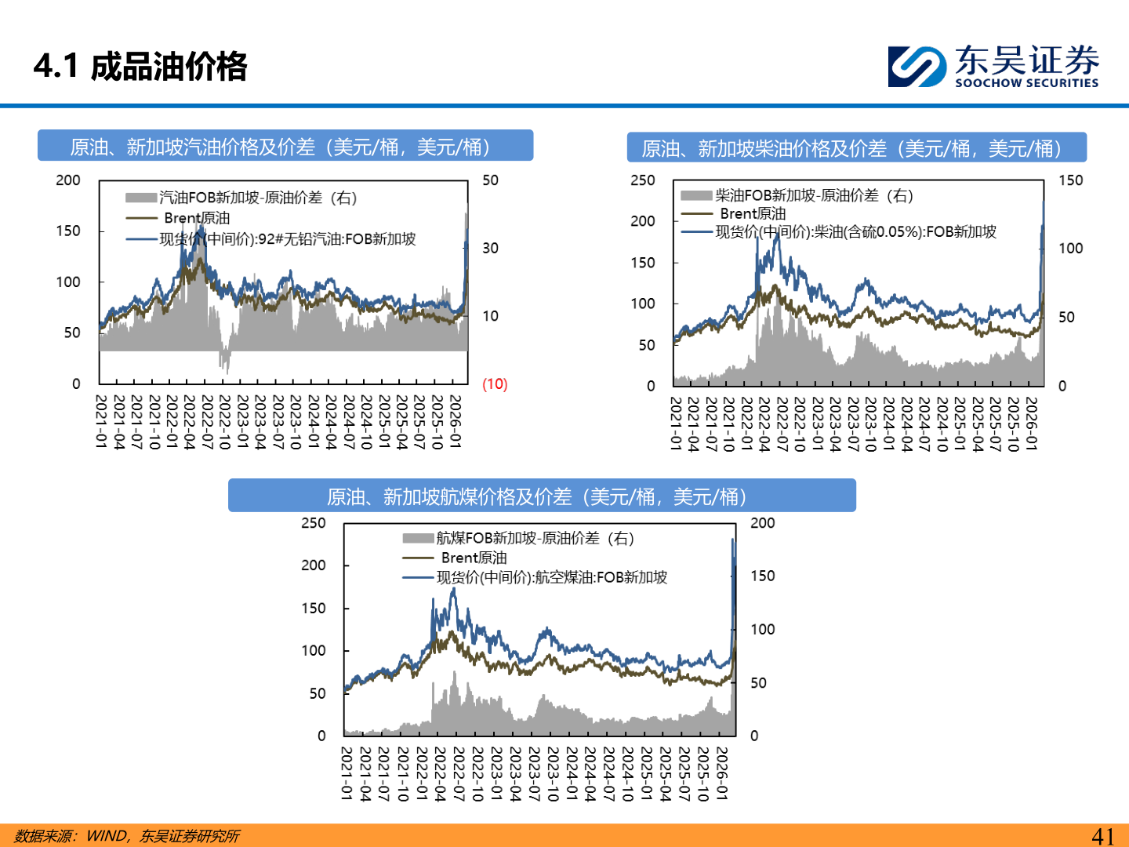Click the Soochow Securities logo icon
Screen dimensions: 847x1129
coord(917,66)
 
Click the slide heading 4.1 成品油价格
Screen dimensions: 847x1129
coord(140,66)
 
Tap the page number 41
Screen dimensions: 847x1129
coord(1102,836)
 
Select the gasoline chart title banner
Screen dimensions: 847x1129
coord(285,147)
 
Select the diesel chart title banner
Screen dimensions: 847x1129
coord(856,148)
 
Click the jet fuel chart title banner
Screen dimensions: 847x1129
coord(542,496)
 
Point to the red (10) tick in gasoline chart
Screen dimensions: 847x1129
coord(495,384)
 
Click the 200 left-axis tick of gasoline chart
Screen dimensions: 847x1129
coord(68,180)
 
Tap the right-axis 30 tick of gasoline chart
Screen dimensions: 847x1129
coord(490,248)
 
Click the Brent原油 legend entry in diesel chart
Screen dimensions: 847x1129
coord(752,213)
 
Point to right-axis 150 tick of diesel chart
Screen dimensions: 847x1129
coord(1070,180)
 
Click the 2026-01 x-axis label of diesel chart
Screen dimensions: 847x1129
coord(1032,423)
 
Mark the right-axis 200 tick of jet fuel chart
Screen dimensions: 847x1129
coord(762,523)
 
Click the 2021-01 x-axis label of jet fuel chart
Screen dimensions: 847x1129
coord(347,773)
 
